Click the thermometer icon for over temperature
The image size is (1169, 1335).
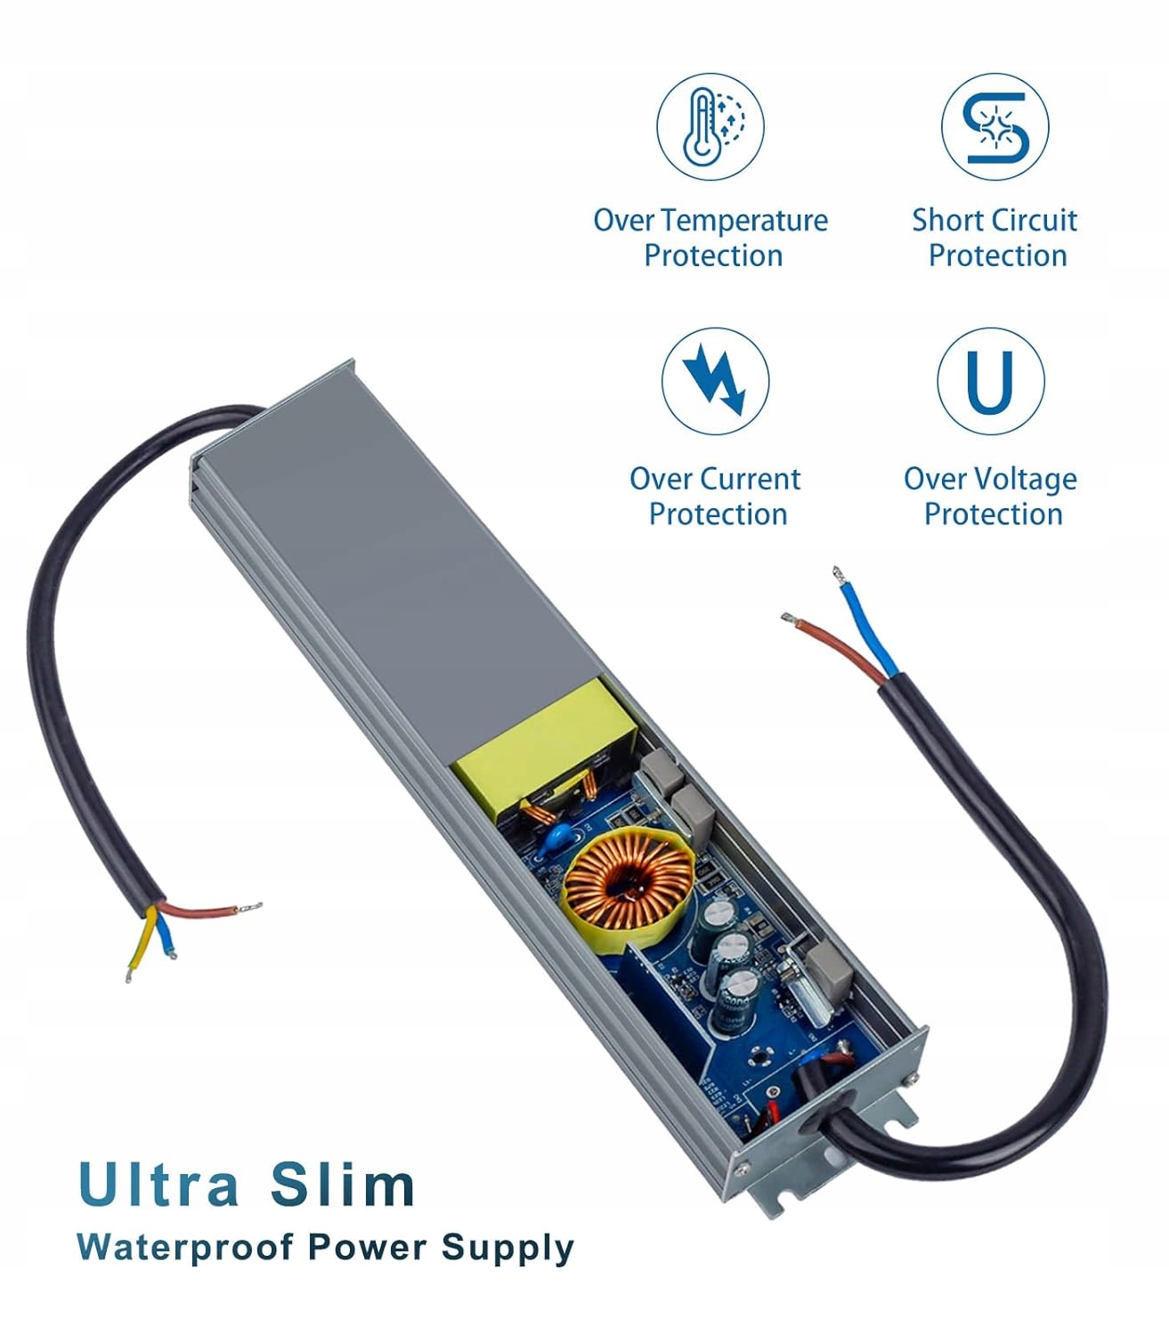(710, 125)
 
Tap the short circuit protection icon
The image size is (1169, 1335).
(994, 126)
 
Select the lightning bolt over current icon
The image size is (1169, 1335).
(715, 381)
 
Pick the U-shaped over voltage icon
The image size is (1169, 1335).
(990, 381)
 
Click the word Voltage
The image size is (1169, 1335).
(1025, 480)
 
